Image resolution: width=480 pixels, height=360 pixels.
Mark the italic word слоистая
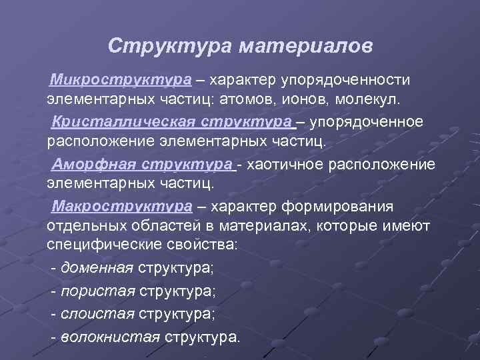98,313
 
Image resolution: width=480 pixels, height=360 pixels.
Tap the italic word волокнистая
110,336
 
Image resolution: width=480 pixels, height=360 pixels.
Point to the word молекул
369,100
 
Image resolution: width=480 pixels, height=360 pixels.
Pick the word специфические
105,245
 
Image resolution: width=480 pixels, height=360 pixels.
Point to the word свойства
203,245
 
